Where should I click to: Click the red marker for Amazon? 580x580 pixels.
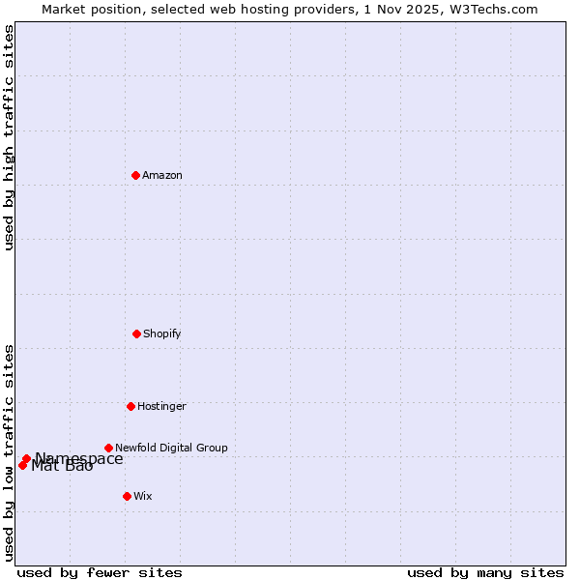pyautogui.click(x=135, y=175)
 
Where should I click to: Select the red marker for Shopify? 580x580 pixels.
pyautogui.click(x=136, y=333)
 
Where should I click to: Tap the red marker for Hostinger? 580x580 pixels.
pyautogui.click(x=130, y=406)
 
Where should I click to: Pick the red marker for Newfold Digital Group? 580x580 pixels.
pyautogui.click(x=108, y=448)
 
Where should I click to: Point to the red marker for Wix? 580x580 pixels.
pyautogui.click(x=127, y=496)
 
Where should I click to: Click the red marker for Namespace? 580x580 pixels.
pyautogui.click(x=26, y=458)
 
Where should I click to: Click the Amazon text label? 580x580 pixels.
pyautogui.click(x=162, y=175)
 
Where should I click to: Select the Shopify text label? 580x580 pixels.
pyautogui.click(x=162, y=333)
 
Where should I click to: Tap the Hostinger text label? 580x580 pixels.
pyautogui.click(x=161, y=406)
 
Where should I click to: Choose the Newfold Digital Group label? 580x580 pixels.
pyautogui.click(x=171, y=448)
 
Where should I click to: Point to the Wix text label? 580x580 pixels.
pyautogui.click(x=143, y=496)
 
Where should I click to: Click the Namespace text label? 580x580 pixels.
pyautogui.click(x=79, y=459)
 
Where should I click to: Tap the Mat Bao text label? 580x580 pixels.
pyautogui.click(x=62, y=467)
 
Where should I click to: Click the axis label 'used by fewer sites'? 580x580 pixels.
pyautogui.click(x=100, y=572)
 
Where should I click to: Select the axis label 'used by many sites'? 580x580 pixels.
pyautogui.click(x=485, y=572)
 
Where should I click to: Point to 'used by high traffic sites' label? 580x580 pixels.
pyautogui.click(x=9, y=137)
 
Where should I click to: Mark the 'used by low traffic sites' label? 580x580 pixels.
pyautogui.click(x=9, y=451)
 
